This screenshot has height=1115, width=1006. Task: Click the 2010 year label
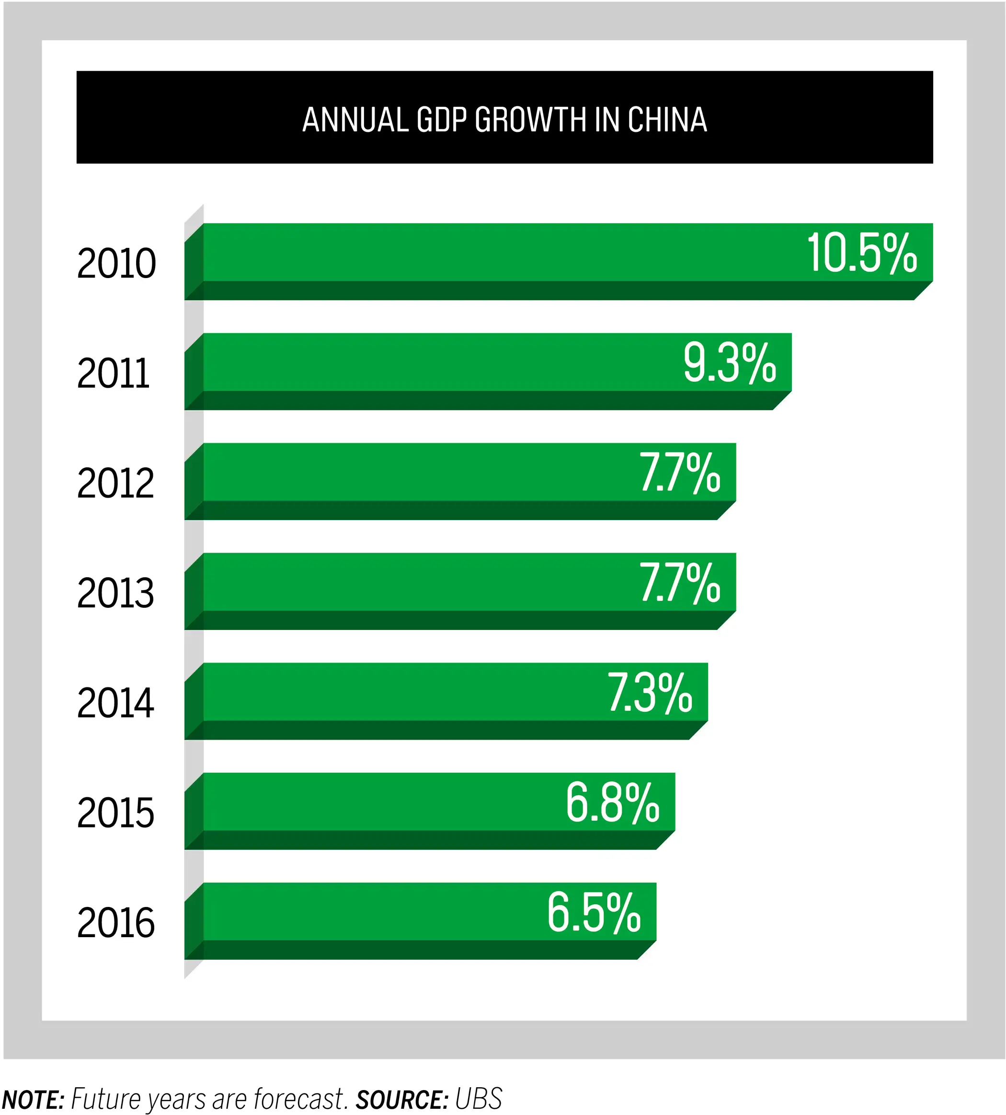(x=116, y=263)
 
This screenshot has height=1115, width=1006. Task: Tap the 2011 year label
(x=114, y=373)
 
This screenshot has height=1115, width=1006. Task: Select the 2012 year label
(x=115, y=483)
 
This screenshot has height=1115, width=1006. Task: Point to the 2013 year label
(x=115, y=593)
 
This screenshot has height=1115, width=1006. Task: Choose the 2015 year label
(x=115, y=813)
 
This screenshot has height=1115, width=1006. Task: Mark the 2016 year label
(x=115, y=923)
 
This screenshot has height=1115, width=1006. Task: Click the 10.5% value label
(x=862, y=253)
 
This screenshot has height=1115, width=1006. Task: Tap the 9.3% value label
(x=730, y=363)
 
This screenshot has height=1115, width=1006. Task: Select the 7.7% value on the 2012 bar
(x=680, y=473)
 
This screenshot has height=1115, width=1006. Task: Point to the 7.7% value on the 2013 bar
(x=680, y=583)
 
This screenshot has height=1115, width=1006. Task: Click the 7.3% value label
(x=650, y=693)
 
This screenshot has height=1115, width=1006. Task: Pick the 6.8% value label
(x=612, y=802)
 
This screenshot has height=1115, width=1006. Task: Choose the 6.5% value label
(x=594, y=913)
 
